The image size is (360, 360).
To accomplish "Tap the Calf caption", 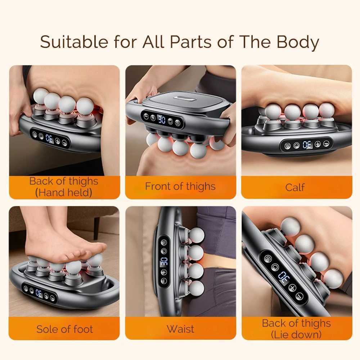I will pyautogui.click(x=295, y=187).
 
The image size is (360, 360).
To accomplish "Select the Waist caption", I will pyautogui.click(x=180, y=329).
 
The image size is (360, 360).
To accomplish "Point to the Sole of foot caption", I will pyautogui.click(x=64, y=329).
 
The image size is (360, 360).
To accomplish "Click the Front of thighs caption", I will pyautogui.click(x=180, y=186).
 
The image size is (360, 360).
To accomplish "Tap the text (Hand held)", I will pyautogui.click(x=64, y=193).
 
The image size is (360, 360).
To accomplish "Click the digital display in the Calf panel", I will pyautogui.click(x=307, y=145).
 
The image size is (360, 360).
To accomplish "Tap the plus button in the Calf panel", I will pyautogui.click(x=317, y=144).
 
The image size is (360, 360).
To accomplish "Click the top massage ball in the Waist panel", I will pyautogui.click(x=196, y=235).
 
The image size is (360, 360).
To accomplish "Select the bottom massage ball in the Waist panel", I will pyautogui.click(x=196, y=288).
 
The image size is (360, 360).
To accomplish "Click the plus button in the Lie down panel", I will pyautogui.click(x=292, y=288).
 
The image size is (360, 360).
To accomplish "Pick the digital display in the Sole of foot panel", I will pyautogui.click(x=39, y=293).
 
